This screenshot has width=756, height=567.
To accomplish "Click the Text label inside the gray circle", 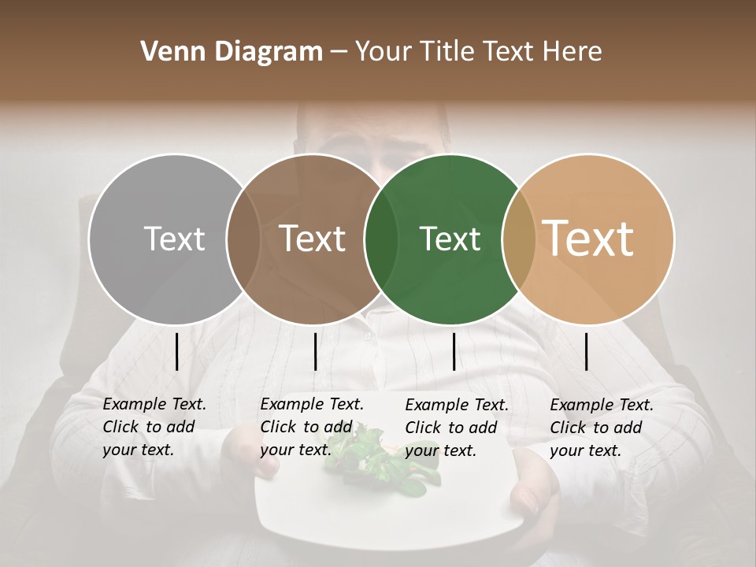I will (x=174, y=239).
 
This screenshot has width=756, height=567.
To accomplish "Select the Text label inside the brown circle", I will (x=313, y=239).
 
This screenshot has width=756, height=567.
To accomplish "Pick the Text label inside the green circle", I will (x=450, y=239).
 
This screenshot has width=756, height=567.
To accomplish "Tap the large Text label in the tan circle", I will (x=588, y=239).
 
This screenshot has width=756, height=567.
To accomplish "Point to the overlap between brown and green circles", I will (x=381, y=239).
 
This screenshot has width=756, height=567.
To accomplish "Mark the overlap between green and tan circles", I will (x=519, y=239).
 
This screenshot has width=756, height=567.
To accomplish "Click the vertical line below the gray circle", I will (x=176, y=351).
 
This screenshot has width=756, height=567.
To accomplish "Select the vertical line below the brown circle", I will (x=315, y=351).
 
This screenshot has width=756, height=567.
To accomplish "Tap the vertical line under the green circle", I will (x=454, y=351).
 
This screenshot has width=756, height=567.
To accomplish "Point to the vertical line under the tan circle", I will (x=587, y=351).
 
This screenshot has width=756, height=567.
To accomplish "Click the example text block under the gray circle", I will (x=154, y=428).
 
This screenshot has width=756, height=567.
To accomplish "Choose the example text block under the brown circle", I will (x=311, y=428).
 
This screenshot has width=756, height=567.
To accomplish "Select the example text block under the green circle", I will (x=456, y=428).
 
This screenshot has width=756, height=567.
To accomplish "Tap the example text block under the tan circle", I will (x=601, y=428).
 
